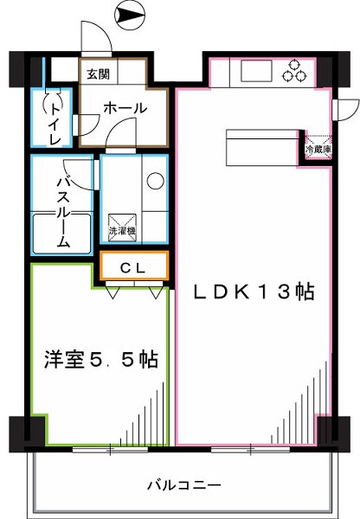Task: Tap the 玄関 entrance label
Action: pyautogui.click(x=98, y=74)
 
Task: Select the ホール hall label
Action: pyautogui.click(x=124, y=109)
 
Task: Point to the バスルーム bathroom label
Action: pyautogui.click(x=63, y=212)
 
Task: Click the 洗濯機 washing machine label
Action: pyautogui.click(x=122, y=231)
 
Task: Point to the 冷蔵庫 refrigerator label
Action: pyautogui.click(x=318, y=150)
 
